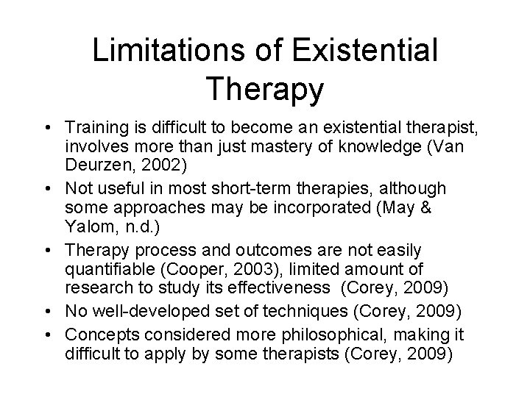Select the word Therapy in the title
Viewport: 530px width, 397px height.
click(265, 89)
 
